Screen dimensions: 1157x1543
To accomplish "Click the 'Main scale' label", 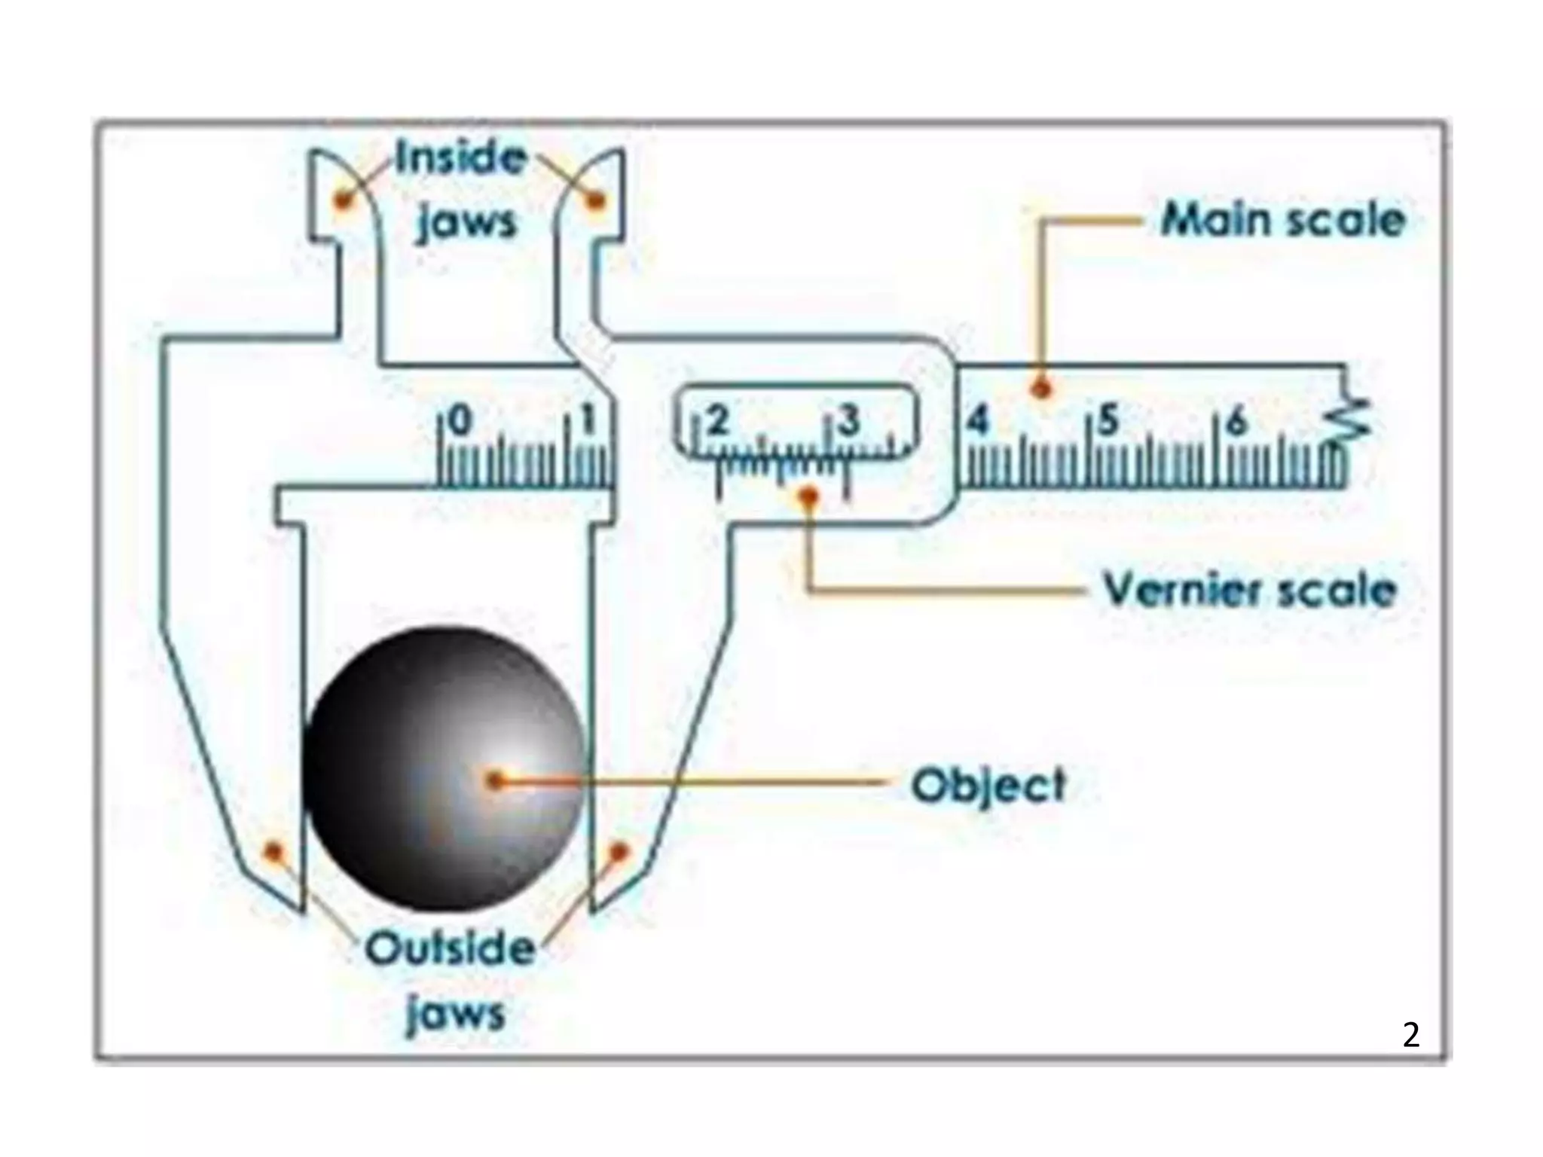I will click(x=1283, y=220).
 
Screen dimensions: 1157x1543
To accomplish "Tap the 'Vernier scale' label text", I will click(x=1249, y=589).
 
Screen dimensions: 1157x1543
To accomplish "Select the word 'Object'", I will click(x=989, y=786).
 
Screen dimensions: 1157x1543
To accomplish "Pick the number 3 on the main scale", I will click(x=849, y=421).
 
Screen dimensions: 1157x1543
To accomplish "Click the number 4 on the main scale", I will click(x=977, y=421).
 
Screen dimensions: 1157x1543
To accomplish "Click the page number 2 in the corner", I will click(x=1411, y=1035).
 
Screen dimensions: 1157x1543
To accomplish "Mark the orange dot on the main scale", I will click(x=1042, y=389).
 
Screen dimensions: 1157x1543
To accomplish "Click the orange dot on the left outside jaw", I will click(x=273, y=852).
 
